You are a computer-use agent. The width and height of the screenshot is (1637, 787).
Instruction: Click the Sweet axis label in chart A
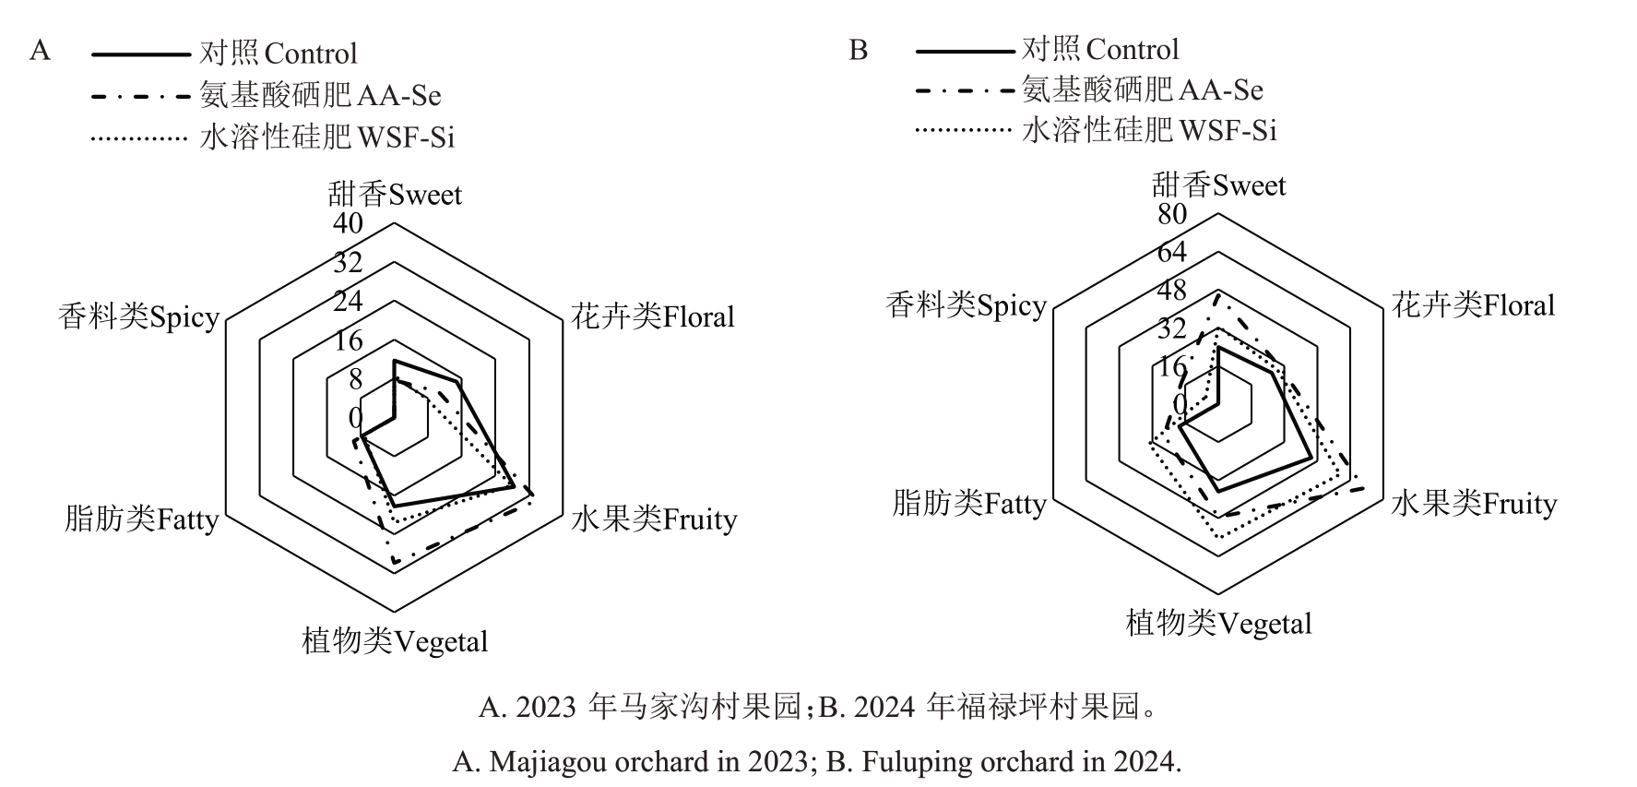395,195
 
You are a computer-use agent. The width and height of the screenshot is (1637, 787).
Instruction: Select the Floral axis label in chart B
1473,304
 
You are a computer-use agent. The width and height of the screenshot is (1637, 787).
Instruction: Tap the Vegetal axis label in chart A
395,640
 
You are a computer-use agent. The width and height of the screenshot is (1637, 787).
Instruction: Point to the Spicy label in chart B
966,304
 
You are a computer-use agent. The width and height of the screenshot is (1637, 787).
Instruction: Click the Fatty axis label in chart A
141,519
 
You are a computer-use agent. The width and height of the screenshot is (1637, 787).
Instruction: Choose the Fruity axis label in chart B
1474,504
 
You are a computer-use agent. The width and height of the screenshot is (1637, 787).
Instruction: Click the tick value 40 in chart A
348,223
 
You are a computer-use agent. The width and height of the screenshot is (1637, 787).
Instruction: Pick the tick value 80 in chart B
1172,214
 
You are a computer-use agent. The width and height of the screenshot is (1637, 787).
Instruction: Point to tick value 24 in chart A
348,301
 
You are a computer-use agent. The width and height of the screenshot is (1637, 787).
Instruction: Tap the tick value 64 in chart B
1172,252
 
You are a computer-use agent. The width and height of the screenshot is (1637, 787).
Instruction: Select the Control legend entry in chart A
224,54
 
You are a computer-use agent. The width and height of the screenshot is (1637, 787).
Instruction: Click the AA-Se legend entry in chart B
1089,90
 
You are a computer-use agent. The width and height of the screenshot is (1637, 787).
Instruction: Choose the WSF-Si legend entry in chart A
273,137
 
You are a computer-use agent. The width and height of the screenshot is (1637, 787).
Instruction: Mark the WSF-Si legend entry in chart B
1096,130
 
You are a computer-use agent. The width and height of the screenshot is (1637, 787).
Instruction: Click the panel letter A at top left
40,50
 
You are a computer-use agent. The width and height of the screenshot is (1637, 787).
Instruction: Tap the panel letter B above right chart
858,50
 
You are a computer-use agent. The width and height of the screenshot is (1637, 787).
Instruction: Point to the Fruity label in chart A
654,519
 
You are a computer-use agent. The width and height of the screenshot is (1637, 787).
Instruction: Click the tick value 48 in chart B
1172,291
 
